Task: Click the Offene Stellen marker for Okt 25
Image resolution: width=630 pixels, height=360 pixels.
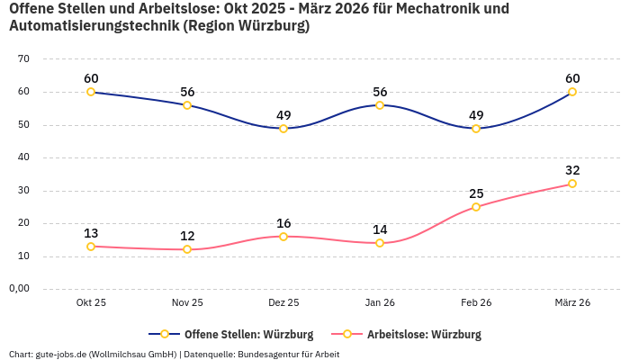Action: pos(91,92)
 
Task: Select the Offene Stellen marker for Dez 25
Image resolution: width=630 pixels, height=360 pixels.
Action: pos(283,129)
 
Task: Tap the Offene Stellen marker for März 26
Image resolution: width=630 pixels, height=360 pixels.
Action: pos(572,92)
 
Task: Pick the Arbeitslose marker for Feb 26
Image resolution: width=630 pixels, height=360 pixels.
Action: pos(476,207)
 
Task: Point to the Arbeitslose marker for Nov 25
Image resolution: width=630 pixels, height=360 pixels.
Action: pos(187,249)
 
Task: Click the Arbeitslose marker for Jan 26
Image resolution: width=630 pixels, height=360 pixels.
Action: pos(380,243)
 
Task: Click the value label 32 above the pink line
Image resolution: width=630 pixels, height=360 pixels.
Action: pos(572,170)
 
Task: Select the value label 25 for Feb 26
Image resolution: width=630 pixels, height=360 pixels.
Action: pos(476,193)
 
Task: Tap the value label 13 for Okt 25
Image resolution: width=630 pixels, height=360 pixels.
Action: pos(91,233)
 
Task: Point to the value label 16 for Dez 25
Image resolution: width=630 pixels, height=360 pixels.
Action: pos(283,223)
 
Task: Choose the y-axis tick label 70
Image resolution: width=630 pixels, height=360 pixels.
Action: pos(24,59)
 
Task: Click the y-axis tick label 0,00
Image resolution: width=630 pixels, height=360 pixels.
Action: pos(20,289)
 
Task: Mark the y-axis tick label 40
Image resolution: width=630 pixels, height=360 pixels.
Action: pos(24,157)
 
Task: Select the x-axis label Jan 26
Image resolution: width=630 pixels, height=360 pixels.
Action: pos(380,303)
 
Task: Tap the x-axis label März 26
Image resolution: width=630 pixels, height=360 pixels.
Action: pos(572,303)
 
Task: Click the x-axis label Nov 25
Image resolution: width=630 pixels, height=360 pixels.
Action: pos(187,303)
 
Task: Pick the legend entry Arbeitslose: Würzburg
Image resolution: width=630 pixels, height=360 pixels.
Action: pos(424,335)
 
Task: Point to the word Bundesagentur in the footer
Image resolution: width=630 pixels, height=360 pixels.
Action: pos(270,355)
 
